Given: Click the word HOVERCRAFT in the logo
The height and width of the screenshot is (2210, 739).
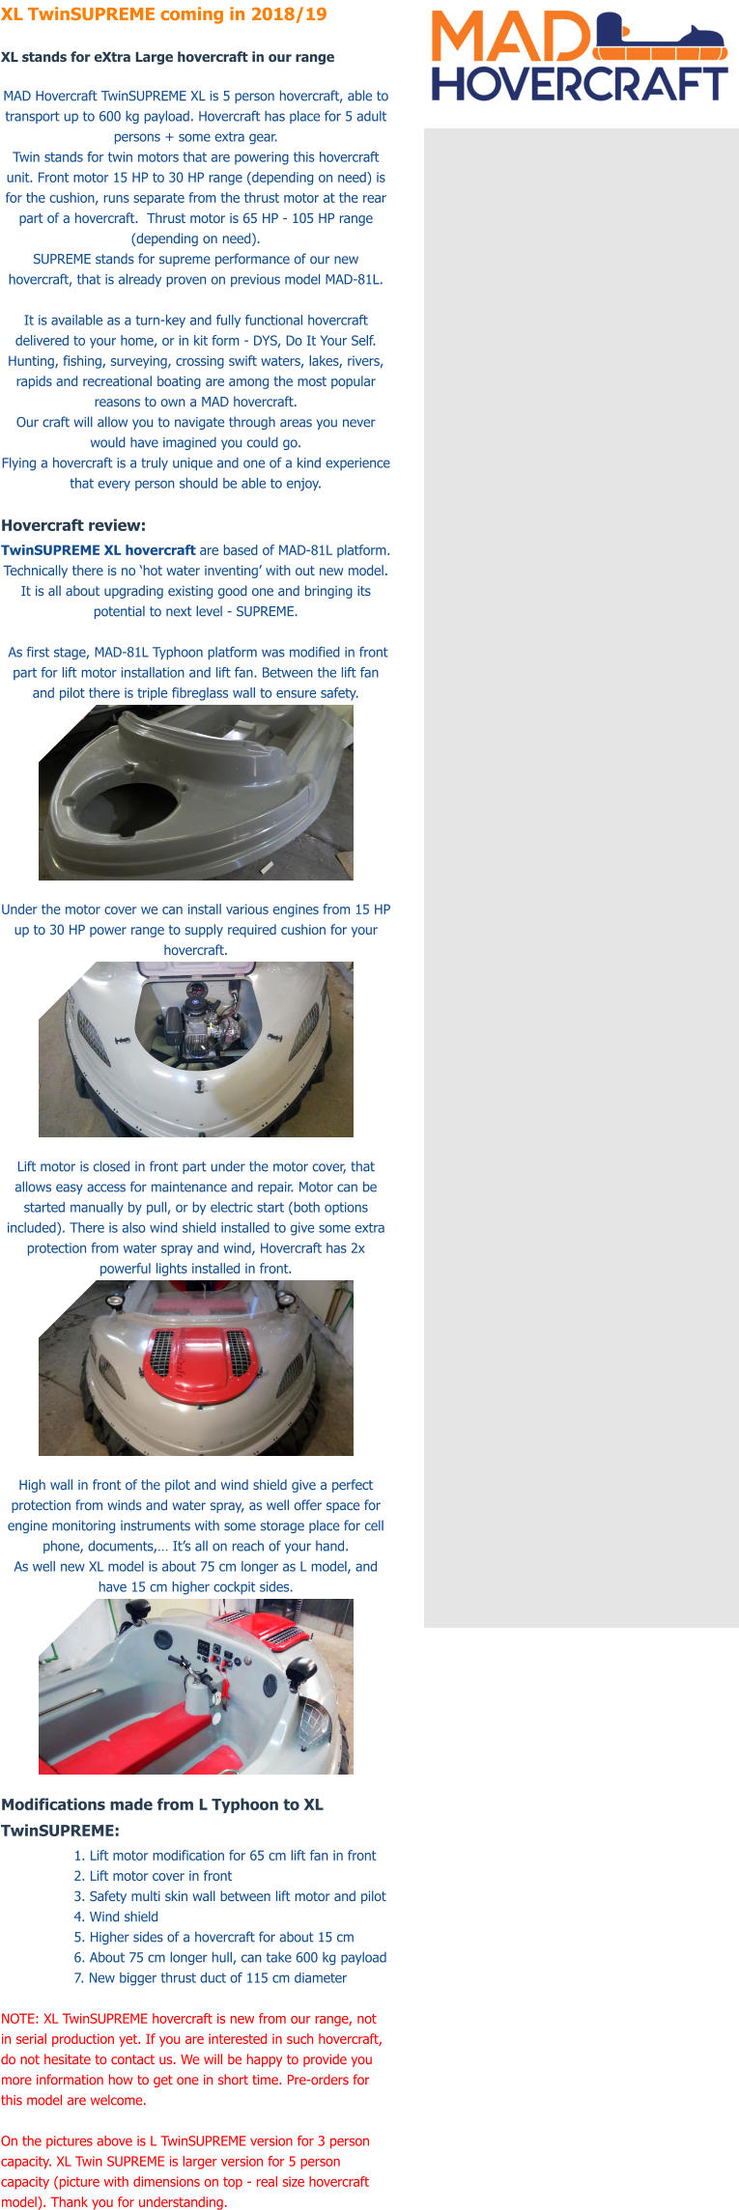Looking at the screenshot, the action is [580, 84].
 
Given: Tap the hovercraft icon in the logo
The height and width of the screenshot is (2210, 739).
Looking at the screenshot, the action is [660, 38].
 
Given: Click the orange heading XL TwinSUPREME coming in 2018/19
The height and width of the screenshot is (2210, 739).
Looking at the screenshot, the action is [164, 14].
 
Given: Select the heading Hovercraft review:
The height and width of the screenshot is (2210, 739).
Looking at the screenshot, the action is [73, 525].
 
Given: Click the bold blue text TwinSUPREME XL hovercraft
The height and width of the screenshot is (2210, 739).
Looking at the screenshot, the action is [99, 550].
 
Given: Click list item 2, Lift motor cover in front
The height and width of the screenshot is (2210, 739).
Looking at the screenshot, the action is [153, 1876].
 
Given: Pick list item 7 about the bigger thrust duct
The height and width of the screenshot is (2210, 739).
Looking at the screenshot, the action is [210, 1977].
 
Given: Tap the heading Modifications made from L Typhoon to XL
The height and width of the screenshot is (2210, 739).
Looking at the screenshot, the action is [162, 1804].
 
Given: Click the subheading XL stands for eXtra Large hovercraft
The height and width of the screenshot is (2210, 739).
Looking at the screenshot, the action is [167, 57].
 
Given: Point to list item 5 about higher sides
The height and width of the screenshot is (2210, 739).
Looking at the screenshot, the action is [213, 1937].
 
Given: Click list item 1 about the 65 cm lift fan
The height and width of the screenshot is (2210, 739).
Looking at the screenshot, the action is [225, 1856].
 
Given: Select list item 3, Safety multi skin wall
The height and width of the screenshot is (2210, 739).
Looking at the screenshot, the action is [230, 1896].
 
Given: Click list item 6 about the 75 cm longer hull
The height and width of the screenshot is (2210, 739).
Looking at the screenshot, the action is [230, 1957].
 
